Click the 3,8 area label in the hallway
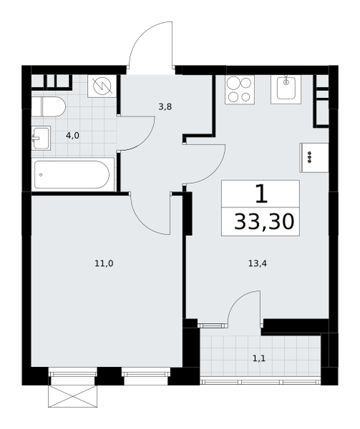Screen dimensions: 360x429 [x=165, y=107]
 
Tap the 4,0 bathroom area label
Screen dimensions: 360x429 [x=72, y=135]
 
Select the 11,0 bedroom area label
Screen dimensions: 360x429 [x=104, y=263]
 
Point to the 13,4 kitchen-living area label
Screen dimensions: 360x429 [x=258, y=263]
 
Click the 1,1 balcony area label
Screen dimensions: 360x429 [x=259, y=358]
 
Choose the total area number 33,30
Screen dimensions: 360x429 [x=264, y=222]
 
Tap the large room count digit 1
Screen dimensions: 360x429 [x=261, y=194]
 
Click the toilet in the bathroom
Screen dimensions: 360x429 [x=49, y=107]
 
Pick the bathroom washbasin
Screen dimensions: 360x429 [x=41, y=138]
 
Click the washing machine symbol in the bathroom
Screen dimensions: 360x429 [x=102, y=86]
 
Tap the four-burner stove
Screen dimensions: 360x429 [x=240, y=89]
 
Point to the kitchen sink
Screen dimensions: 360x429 [x=286, y=89]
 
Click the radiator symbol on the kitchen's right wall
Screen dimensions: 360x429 [x=314, y=157]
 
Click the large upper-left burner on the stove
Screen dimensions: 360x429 [x=233, y=83]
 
